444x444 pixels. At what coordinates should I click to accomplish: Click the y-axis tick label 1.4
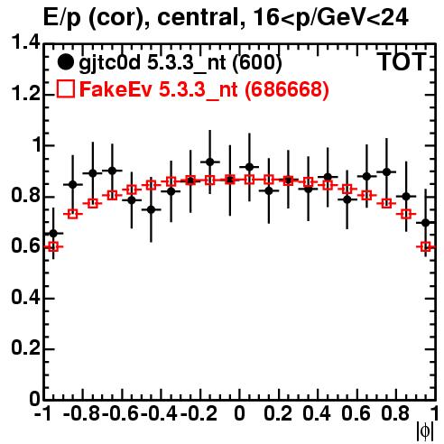(x=25, y=42)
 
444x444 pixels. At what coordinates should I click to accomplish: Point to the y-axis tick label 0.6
(x=25, y=246)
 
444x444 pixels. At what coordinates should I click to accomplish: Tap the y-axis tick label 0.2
(x=25, y=347)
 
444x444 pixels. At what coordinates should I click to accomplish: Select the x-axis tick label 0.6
(x=356, y=413)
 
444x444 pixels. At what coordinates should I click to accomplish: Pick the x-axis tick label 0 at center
(x=239, y=413)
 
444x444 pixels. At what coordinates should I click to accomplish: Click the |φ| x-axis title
(x=425, y=431)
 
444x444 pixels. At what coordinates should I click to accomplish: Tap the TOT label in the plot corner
(x=402, y=62)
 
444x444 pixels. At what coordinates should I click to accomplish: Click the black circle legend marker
(x=65, y=62)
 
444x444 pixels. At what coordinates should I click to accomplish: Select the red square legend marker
(x=65, y=89)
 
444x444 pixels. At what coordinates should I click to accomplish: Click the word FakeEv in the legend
(x=116, y=89)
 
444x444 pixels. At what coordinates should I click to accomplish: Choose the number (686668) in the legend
(x=287, y=89)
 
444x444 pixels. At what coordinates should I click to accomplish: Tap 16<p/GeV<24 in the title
(x=330, y=18)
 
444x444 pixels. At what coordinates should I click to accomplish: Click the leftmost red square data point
(x=53, y=247)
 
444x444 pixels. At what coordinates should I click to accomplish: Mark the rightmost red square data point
(x=426, y=247)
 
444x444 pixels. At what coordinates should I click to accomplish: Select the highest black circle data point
(x=210, y=162)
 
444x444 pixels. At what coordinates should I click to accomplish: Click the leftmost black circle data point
(x=53, y=233)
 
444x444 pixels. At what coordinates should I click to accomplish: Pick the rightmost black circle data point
(x=425, y=223)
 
